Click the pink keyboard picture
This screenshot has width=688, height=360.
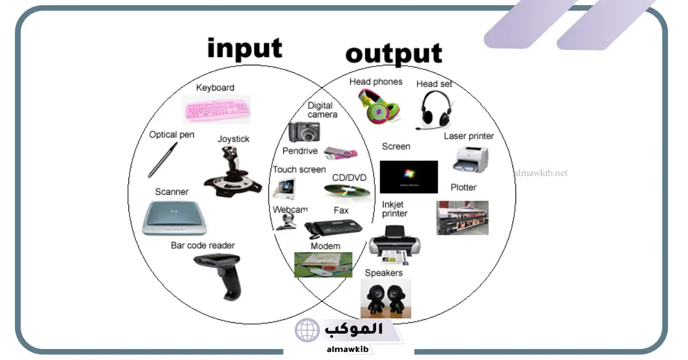(x=217, y=109)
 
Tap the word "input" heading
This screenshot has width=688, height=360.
(x=244, y=48)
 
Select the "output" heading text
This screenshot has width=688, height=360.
(x=394, y=54)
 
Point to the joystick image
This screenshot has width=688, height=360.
(x=233, y=171)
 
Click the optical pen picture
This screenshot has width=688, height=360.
(x=162, y=160)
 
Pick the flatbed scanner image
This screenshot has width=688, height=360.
(x=174, y=218)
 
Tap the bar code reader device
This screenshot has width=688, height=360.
(x=218, y=276)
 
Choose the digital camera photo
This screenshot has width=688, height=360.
(x=304, y=132)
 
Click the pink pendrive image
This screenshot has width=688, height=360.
(x=341, y=152)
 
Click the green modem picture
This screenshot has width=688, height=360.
(x=323, y=265)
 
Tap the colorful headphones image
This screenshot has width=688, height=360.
(x=380, y=106)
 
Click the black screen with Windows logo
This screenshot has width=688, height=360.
(x=409, y=177)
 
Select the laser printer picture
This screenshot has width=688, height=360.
(x=471, y=159)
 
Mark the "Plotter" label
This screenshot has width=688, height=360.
(x=463, y=187)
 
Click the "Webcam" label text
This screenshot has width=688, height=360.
(x=290, y=209)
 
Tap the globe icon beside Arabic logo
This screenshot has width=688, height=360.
(x=307, y=330)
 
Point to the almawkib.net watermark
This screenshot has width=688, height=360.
(x=541, y=173)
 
